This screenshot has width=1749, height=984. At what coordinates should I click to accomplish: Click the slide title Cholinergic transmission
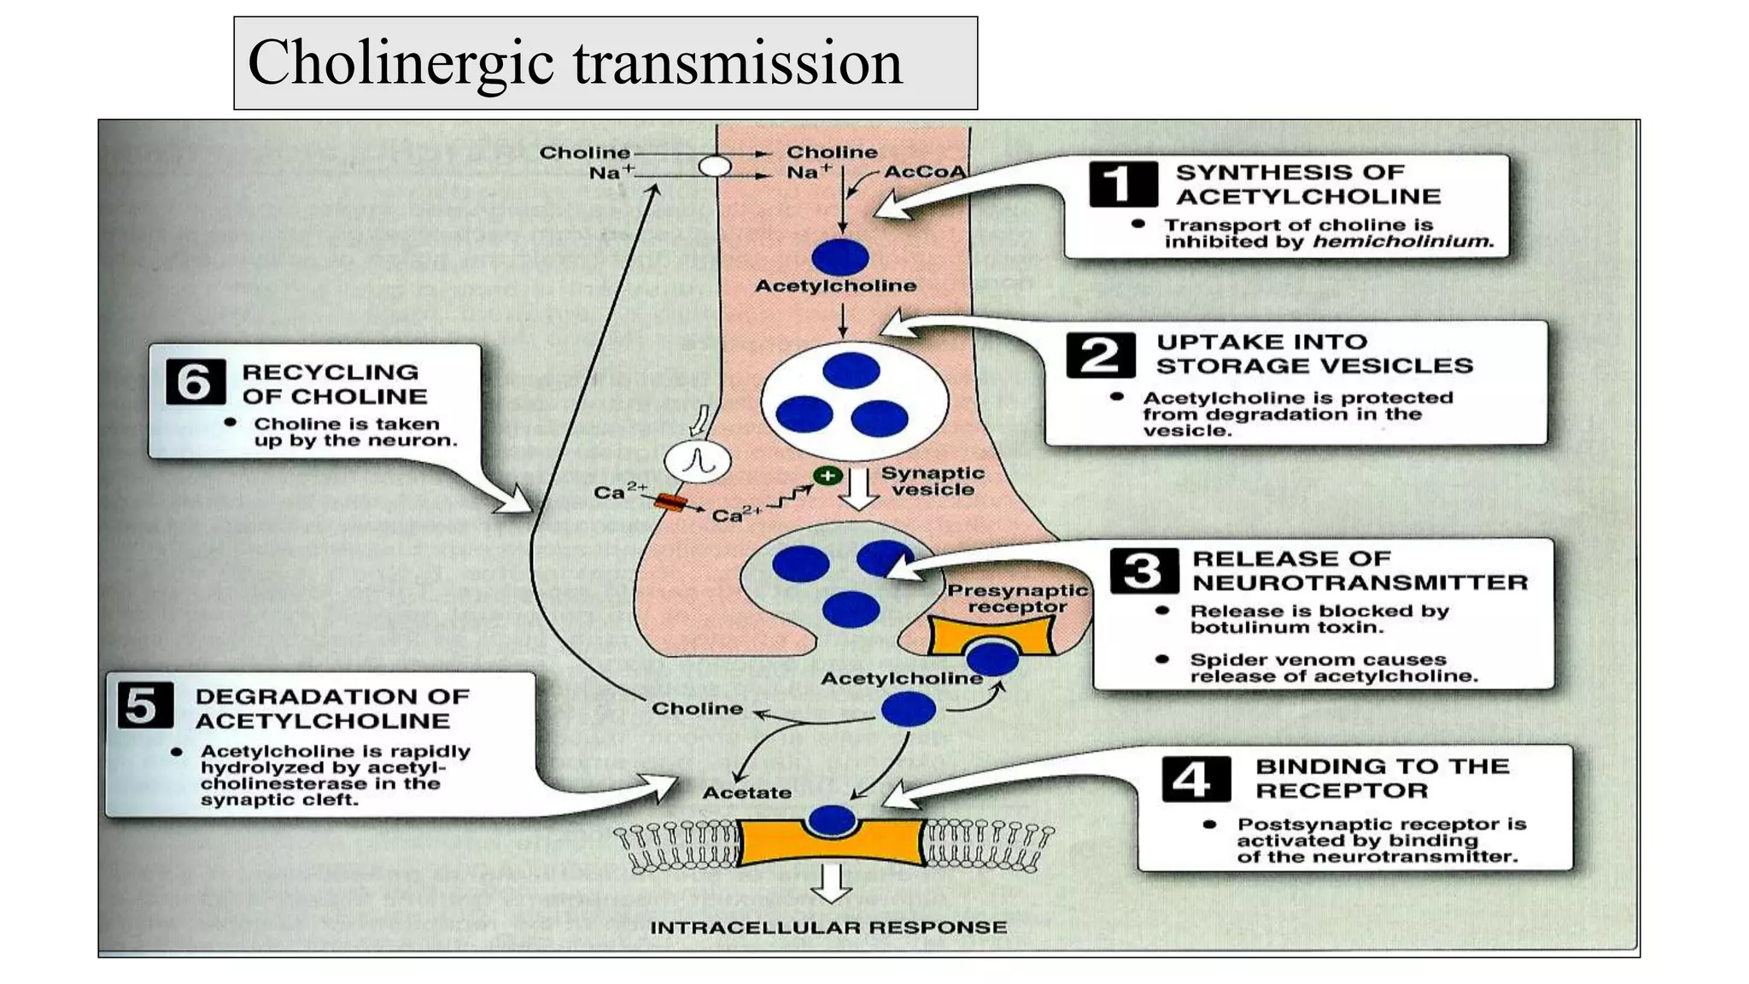574,63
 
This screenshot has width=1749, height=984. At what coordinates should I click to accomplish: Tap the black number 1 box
1122,184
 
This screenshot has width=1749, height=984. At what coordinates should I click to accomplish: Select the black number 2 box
1100,354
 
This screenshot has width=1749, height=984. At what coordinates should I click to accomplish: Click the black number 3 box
1144,571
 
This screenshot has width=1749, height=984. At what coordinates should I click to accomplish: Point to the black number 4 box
1196,778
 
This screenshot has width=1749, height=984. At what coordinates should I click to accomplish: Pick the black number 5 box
144,706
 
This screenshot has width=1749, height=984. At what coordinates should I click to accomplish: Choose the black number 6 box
195,382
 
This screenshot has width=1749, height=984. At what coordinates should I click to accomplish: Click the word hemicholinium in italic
1402,242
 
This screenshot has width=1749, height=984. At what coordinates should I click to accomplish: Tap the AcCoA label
924,172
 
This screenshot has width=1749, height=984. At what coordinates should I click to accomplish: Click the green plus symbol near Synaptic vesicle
827,476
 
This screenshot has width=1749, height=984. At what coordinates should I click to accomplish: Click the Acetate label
746,793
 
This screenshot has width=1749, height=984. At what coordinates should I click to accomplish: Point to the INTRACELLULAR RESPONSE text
828,927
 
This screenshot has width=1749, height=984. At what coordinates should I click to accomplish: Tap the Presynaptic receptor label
1016,598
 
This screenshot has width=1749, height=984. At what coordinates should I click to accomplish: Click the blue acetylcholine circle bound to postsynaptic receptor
832,820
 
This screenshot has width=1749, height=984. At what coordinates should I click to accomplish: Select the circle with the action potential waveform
697,462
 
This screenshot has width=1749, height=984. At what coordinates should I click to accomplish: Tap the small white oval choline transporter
715,166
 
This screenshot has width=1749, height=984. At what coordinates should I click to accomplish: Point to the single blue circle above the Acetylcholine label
840,257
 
